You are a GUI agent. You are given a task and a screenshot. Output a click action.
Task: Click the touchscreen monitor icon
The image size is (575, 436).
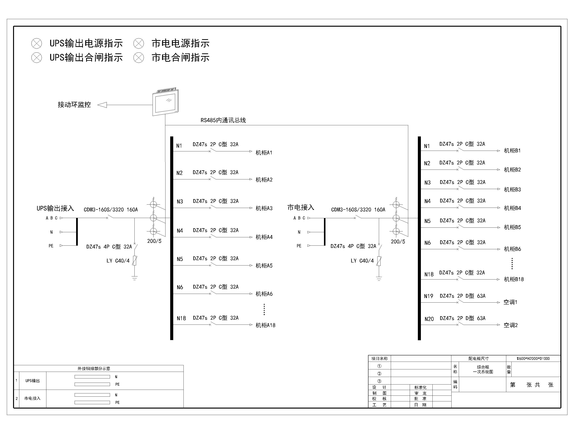pyautogui.click(x=165, y=102)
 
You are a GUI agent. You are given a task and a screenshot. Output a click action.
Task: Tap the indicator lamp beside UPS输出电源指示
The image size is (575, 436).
pyautogui.click(x=37, y=43)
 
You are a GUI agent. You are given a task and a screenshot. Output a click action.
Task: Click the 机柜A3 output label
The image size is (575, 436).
pyautogui.click(x=264, y=208)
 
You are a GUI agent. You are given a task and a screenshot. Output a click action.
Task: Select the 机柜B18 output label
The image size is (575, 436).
pyautogui.click(x=514, y=279)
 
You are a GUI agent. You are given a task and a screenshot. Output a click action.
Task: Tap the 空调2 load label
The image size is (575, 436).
pyautogui.click(x=511, y=325)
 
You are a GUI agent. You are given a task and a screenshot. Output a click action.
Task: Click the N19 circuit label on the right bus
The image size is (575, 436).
pyautogui.click(x=429, y=296)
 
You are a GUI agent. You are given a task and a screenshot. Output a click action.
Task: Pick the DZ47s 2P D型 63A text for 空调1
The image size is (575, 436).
pyautogui.click(x=463, y=296)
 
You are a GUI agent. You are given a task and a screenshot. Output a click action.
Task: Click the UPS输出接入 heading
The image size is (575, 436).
pyautogui.click(x=55, y=208)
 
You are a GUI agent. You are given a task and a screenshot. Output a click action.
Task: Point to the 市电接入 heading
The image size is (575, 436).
pyautogui.click(x=301, y=207)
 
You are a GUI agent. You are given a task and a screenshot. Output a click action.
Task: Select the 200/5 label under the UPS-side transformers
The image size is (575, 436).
pyautogui.click(x=154, y=241)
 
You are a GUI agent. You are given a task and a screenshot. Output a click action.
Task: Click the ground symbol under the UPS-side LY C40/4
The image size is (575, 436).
pyautogui.click(x=134, y=278)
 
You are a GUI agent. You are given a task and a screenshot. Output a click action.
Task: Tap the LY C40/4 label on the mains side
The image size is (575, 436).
pyautogui.click(x=362, y=261)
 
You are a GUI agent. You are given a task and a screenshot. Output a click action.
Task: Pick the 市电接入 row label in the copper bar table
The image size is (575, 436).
pyautogui.click(x=32, y=398)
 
